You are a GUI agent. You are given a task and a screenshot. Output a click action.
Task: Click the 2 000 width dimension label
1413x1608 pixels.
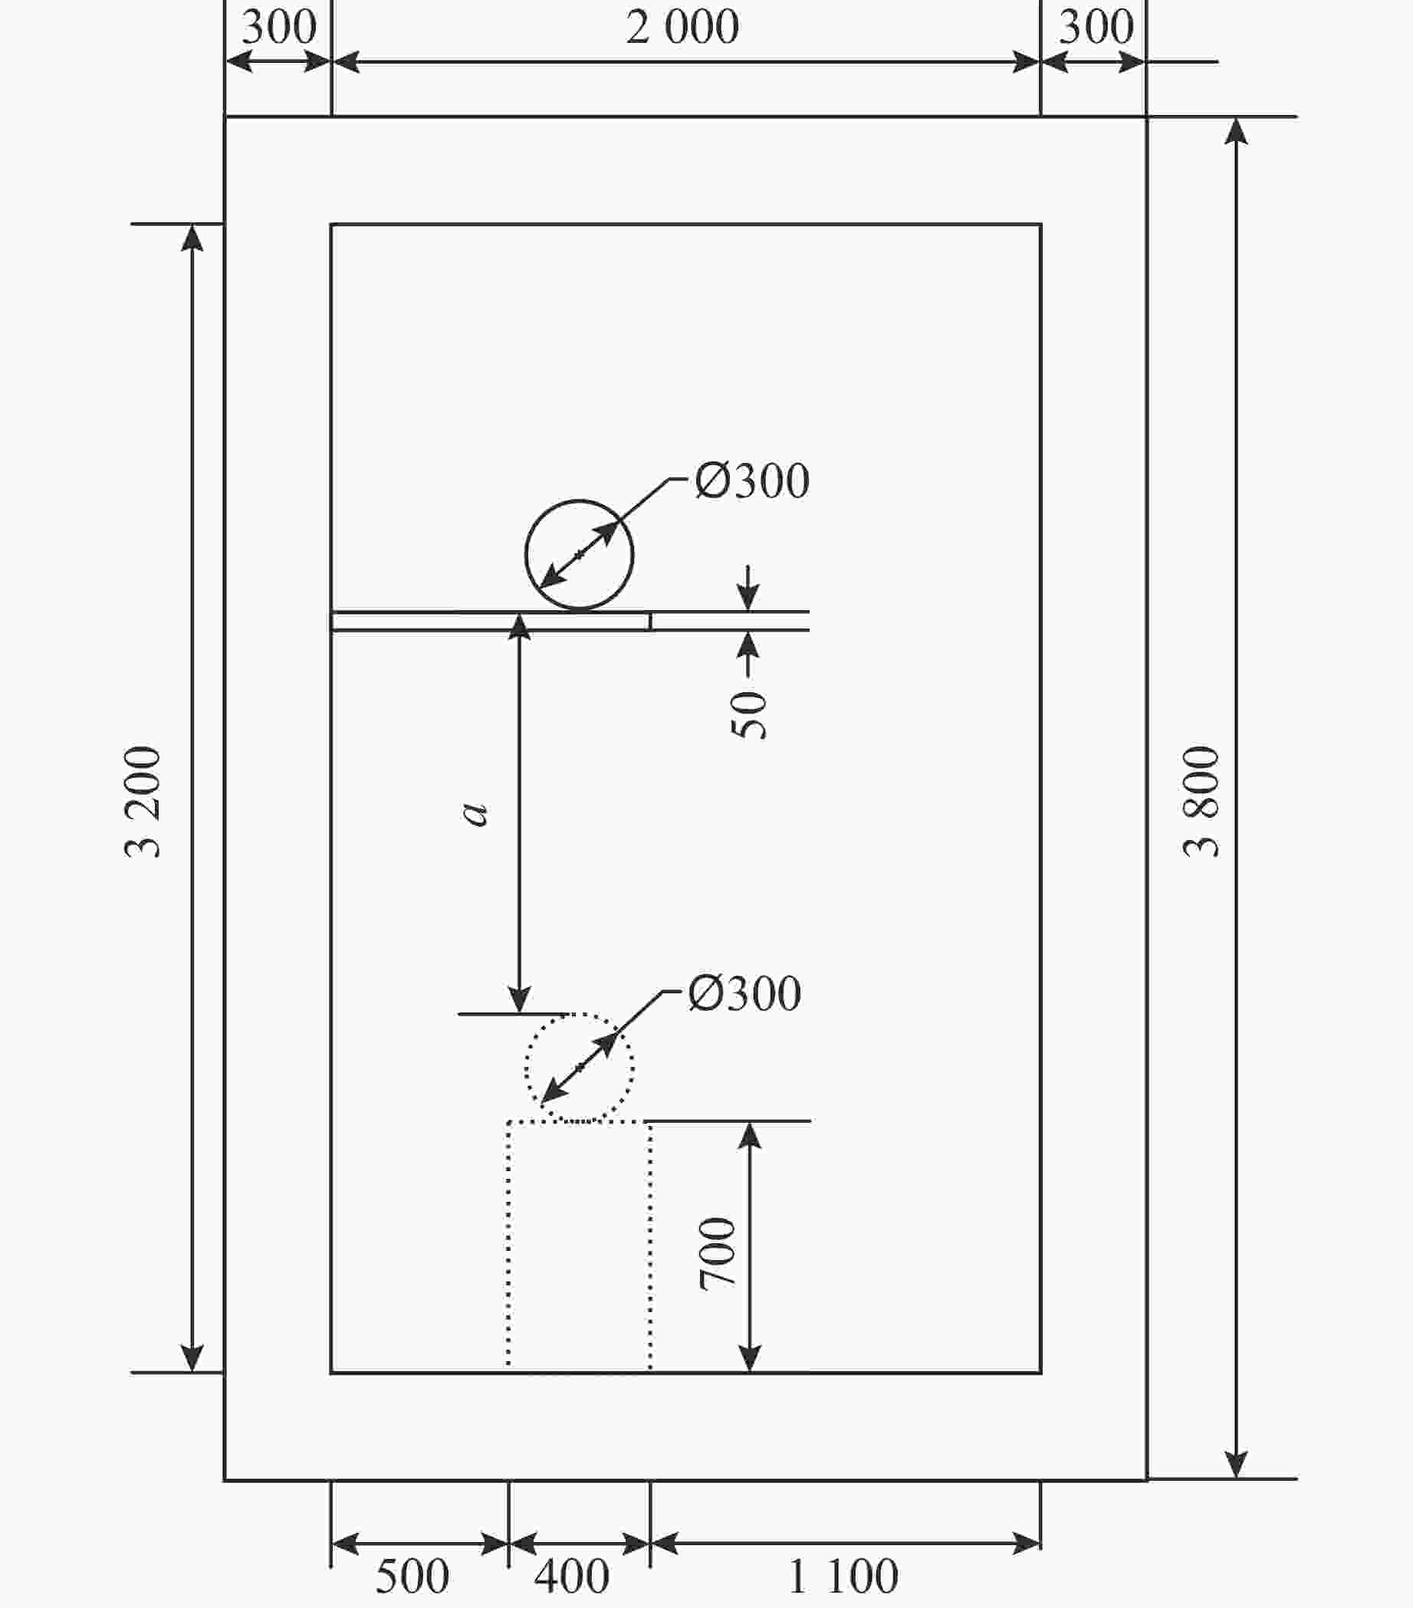pyautogui.click(x=682, y=27)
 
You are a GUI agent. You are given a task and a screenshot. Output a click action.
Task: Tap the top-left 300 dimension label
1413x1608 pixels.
pyautogui.click(x=278, y=27)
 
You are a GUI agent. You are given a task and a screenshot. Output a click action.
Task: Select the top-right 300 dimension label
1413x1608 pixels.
pyautogui.click(x=1096, y=27)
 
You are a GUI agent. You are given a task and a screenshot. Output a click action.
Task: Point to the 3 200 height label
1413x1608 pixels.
pyautogui.click(x=143, y=801)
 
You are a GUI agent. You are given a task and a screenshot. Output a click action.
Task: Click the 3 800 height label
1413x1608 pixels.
pyautogui.click(x=1201, y=801)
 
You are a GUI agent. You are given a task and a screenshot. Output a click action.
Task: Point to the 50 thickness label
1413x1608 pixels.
pyautogui.click(x=748, y=714)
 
